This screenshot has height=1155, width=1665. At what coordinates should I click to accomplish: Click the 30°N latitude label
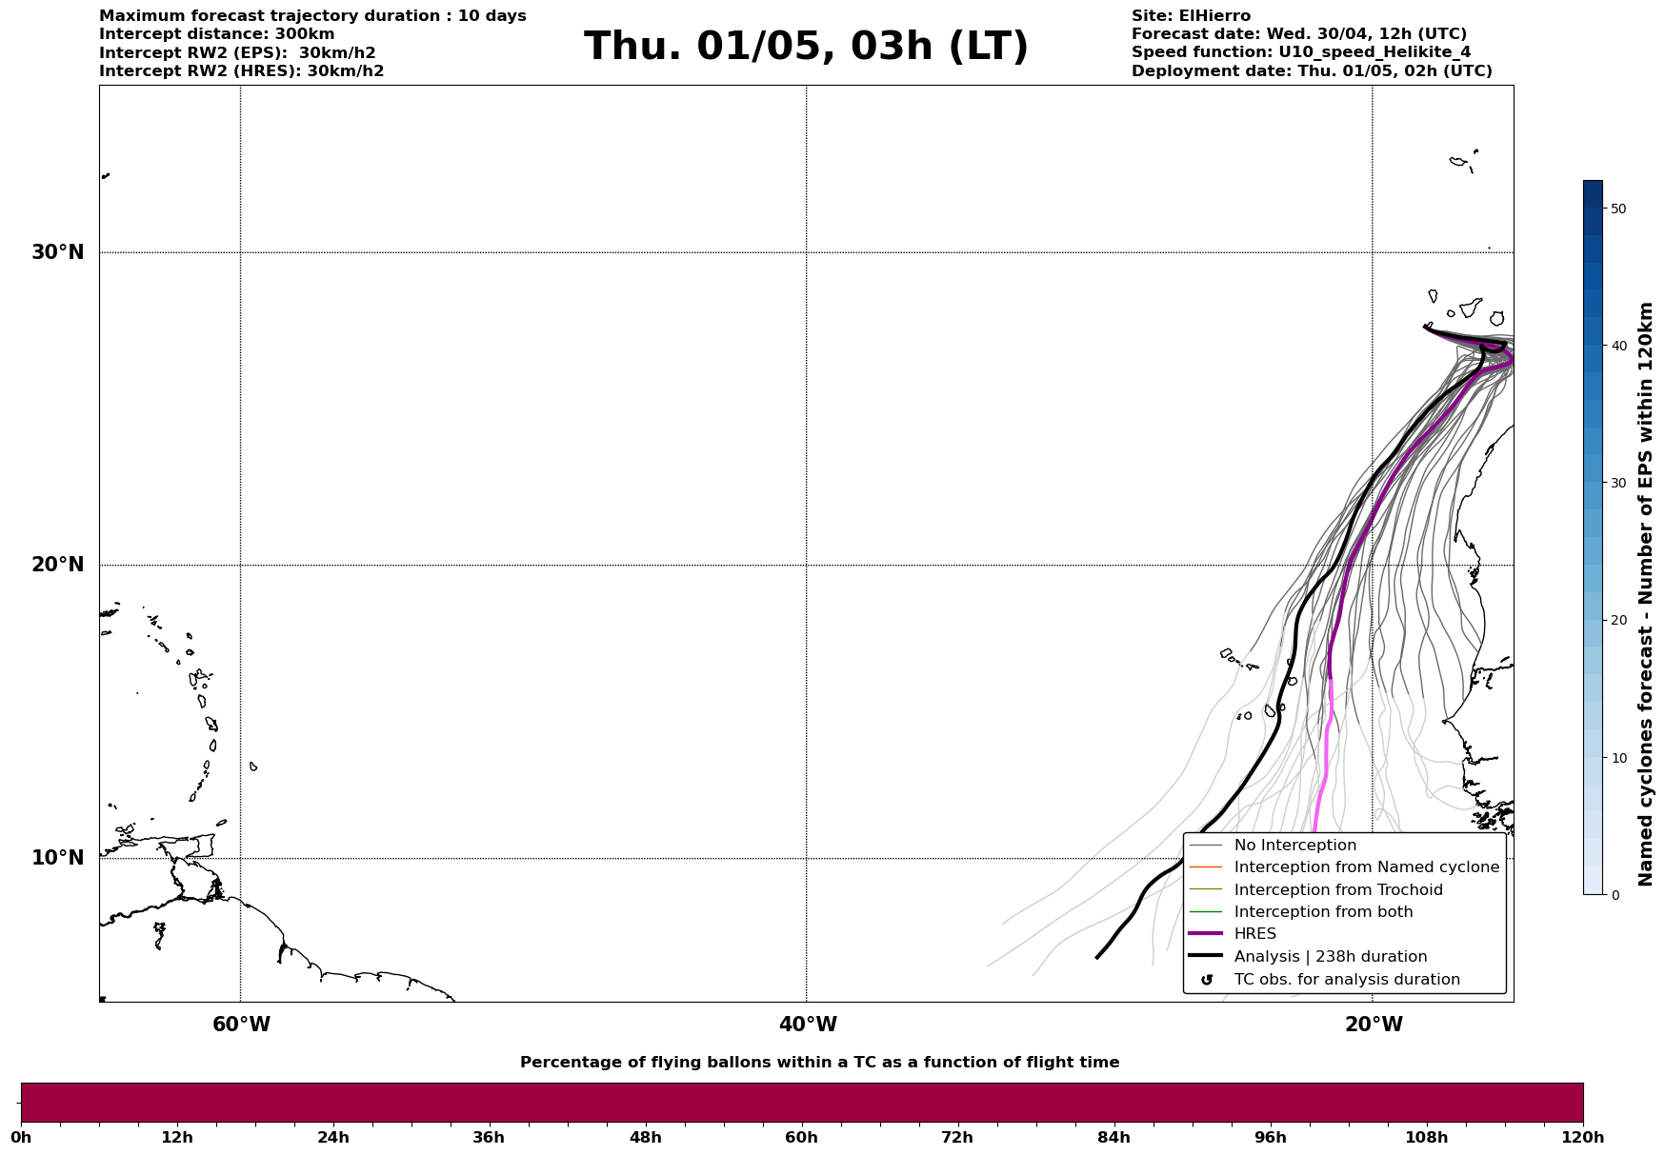click(57, 252)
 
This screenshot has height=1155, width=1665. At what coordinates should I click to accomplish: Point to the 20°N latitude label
click(57, 565)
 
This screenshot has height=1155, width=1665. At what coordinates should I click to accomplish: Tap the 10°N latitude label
click(57, 858)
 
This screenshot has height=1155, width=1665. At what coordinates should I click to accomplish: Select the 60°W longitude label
click(241, 1025)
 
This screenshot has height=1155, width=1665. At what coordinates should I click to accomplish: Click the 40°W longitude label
click(808, 1025)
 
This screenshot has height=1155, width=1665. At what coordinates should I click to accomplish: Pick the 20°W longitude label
click(1374, 1025)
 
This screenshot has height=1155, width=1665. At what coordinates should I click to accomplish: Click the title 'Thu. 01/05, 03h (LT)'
click(806, 47)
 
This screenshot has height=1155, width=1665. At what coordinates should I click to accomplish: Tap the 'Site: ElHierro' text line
click(1191, 16)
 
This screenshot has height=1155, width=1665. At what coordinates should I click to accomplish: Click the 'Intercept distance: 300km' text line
click(217, 34)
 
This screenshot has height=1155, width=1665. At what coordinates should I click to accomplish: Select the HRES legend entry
click(1254, 934)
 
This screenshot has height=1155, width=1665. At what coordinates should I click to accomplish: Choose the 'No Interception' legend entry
click(1294, 846)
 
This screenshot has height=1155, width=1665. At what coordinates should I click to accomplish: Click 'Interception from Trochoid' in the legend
click(1337, 890)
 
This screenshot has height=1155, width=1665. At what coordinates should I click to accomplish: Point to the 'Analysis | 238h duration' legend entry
click(1330, 957)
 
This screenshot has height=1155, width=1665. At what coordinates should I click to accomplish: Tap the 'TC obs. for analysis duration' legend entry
click(1346, 980)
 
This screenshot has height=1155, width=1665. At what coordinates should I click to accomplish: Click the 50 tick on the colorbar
click(1618, 209)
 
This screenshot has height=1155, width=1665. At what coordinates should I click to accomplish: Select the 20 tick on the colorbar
click(1618, 621)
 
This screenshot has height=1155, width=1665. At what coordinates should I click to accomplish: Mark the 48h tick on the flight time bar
click(645, 1138)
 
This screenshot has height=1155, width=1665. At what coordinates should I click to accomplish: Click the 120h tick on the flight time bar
click(1583, 1138)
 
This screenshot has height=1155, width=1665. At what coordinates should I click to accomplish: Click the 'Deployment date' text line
click(1312, 71)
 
